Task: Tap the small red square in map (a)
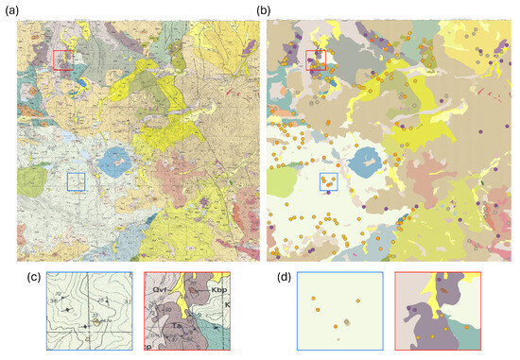pos(63,60)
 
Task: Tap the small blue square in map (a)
pos(76,180)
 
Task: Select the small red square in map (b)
pos(317,60)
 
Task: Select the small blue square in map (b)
pos(329,180)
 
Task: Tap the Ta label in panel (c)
pos(176,326)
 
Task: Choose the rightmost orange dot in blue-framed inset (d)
pos(358,301)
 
